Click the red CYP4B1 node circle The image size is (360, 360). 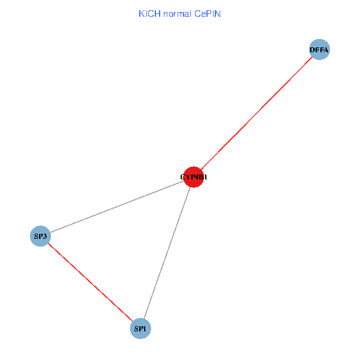tap(193, 177)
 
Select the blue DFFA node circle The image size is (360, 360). tap(319, 50)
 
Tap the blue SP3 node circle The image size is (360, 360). tap(40, 236)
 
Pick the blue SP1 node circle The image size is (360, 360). tap(140, 328)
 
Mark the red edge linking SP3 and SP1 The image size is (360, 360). tap(90, 282)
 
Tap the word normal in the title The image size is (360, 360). tap(176, 13)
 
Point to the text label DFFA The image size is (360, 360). tap(319, 50)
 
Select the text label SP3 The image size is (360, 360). tap(40, 236)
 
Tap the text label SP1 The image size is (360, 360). tap(140, 328)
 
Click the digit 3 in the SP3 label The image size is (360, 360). tap(45, 236)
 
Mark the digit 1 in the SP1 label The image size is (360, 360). tap(145, 328)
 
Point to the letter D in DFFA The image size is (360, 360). tap(313, 50)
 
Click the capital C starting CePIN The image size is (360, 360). tap(197, 13)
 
